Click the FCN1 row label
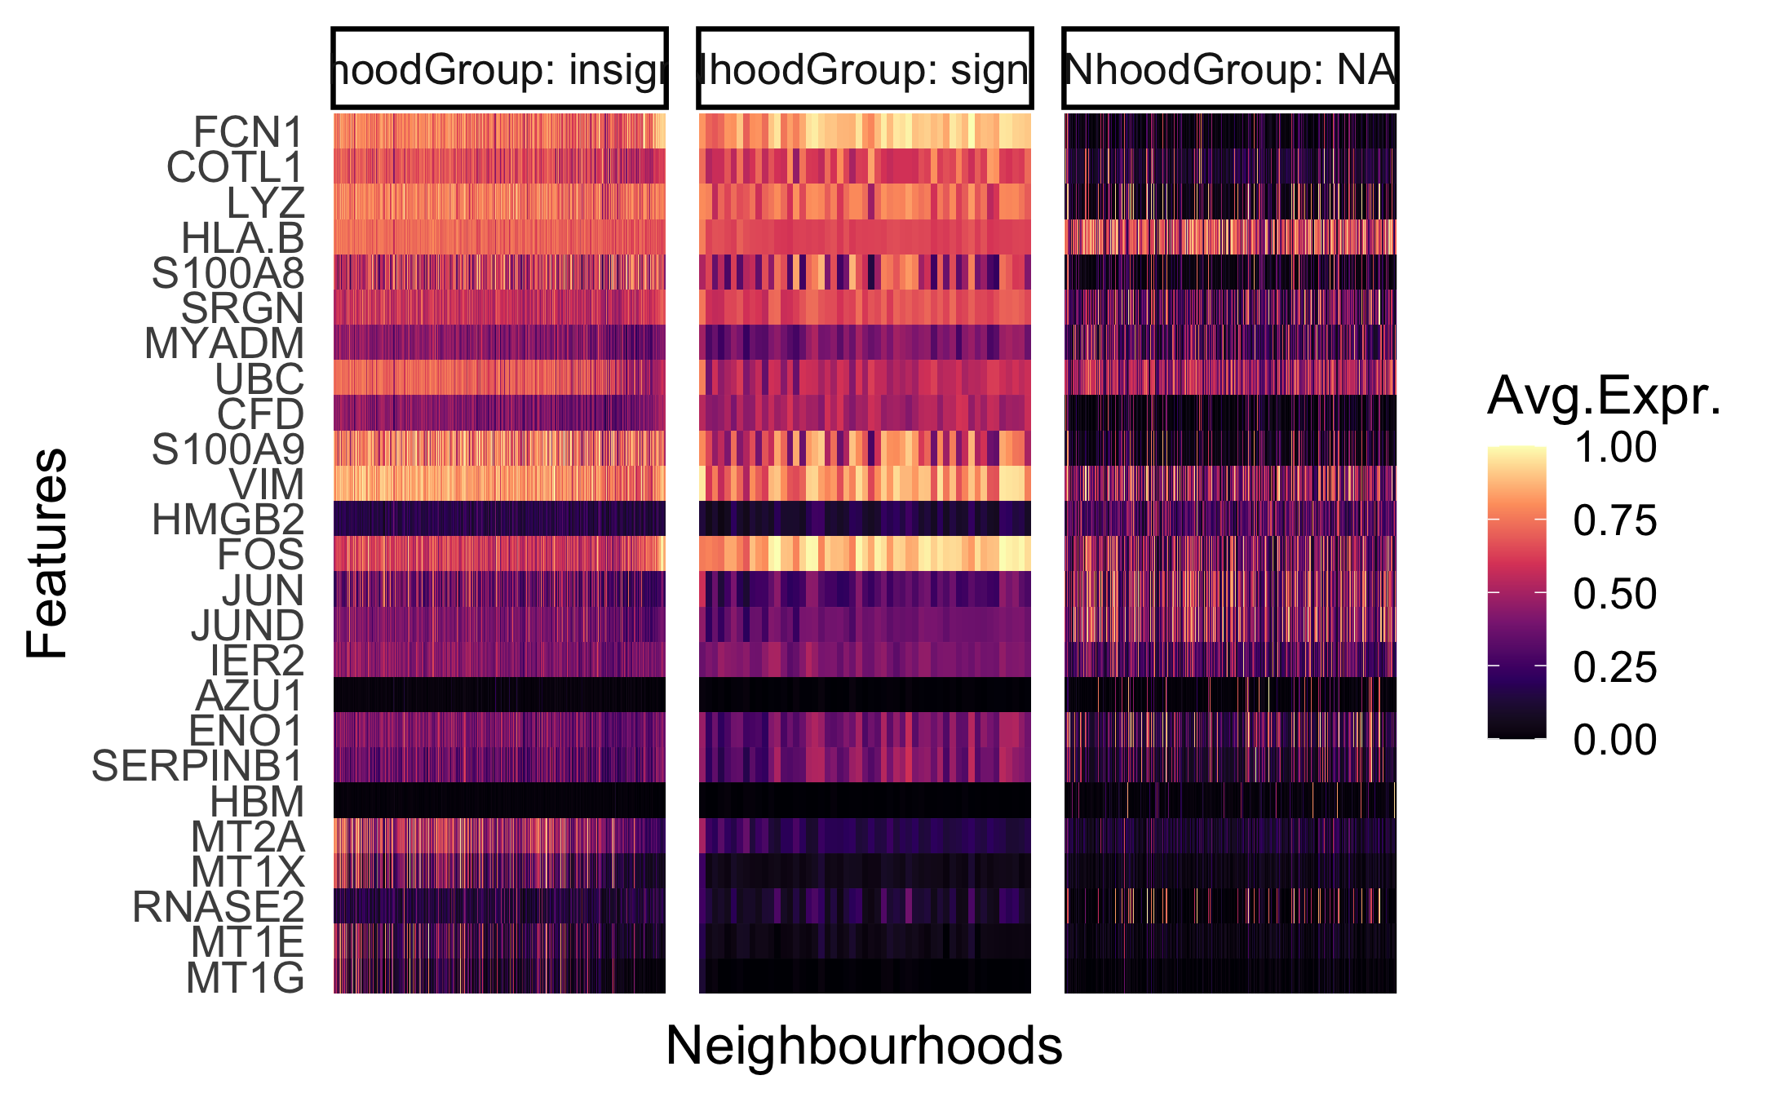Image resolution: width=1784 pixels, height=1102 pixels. tap(248, 132)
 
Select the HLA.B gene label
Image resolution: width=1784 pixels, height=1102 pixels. tap(242, 238)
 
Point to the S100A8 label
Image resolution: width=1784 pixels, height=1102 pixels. tap(228, 273)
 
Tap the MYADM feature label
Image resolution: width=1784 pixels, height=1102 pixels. tap(224, 343)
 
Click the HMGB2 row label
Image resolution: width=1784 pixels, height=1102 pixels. tap(228, 520)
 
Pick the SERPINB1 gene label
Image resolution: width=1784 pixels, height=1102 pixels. tap(197, 766)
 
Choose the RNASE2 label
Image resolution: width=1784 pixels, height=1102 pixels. tap(218, 907)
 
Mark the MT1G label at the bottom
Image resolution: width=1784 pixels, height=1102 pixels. tap(245, 978)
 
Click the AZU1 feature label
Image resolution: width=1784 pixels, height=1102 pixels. tap(249, 696)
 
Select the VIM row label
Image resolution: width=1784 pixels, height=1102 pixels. tap(266, 485)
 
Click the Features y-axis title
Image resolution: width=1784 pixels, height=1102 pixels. tap(46, 553)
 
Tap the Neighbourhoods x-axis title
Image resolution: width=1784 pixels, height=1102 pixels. tap(864, 1046)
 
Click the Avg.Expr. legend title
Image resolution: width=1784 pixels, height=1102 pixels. tap(1604, 396)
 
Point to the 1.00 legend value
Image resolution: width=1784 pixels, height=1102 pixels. tap(1614, 448)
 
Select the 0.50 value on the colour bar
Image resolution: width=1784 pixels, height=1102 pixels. tap(1614, 594)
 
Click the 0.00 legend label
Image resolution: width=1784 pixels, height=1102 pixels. tap(1614, 741)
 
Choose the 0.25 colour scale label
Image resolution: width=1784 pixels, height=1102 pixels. tap(1614, 667)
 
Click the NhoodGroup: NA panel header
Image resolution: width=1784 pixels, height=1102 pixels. tap(1230, 69)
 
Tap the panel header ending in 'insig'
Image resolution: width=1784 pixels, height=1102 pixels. tap(499, 69)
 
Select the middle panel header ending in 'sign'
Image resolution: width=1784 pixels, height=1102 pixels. tap(865, 69)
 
